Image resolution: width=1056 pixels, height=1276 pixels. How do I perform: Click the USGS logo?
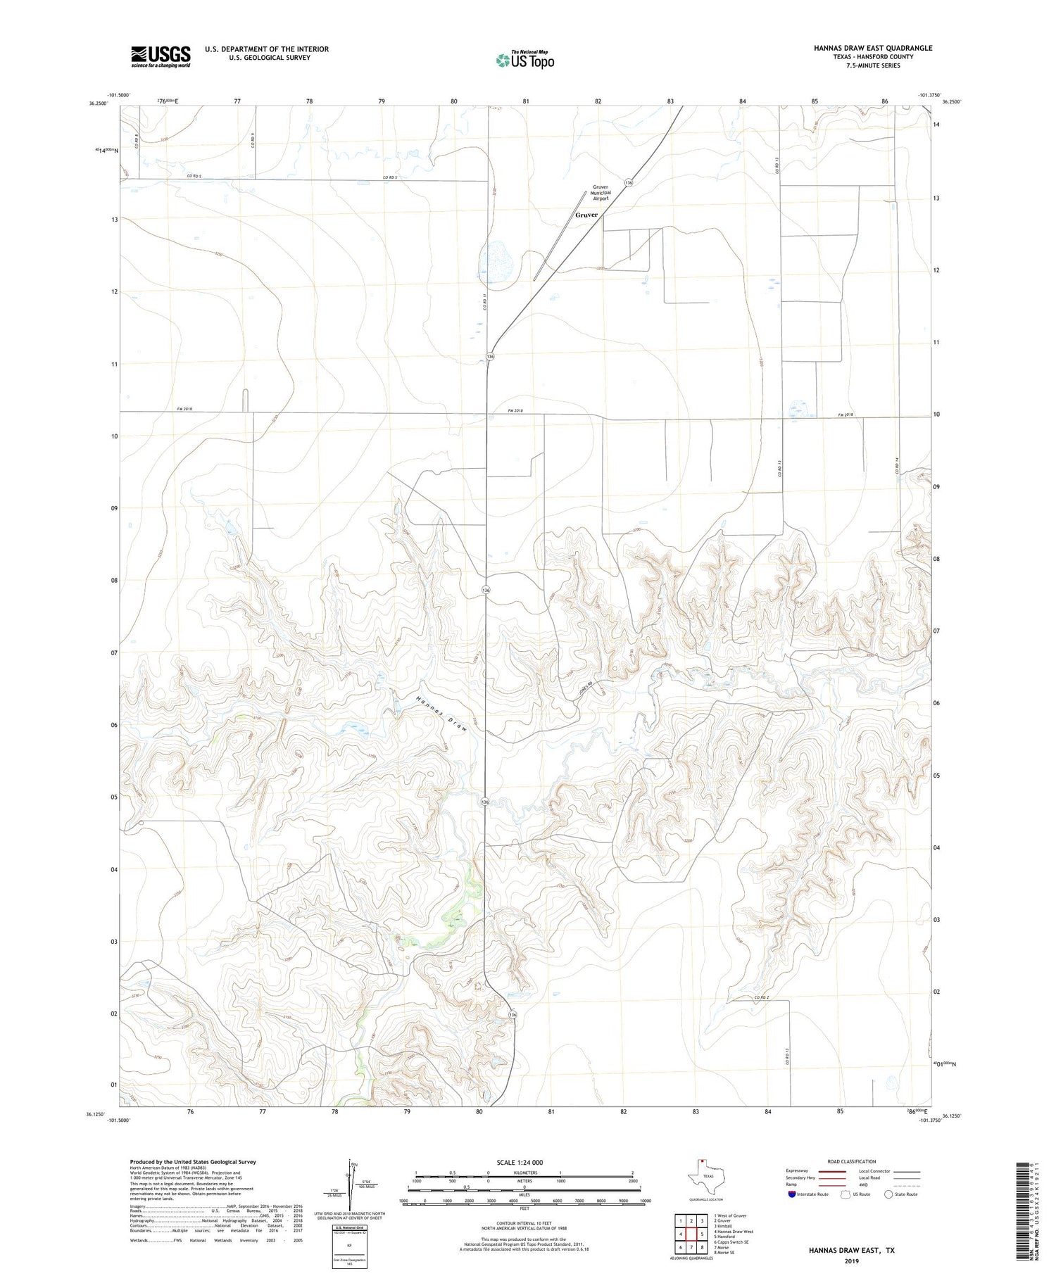point(161,56)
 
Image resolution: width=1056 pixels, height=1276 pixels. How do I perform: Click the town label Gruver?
point(586,215)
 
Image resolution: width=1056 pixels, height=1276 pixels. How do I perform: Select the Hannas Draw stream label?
point(441,715)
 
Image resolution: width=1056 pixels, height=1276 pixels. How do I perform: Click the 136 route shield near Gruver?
point(629,182)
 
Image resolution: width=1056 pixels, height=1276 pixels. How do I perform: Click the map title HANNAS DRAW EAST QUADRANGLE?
point(872,48)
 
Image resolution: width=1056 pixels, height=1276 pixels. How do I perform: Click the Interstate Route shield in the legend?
point(792,1194)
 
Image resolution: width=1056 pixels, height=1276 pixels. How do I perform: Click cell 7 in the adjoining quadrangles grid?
point(691,1247)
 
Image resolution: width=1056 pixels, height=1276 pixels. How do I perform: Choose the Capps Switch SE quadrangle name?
point(732,1242)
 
